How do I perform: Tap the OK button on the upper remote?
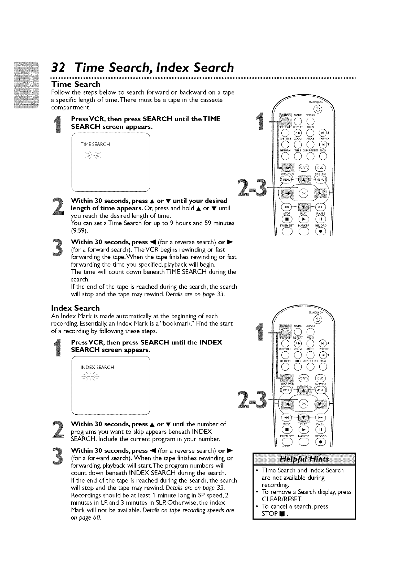click(x=304, y=193)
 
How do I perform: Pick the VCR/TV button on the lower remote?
click(x=304, y=378)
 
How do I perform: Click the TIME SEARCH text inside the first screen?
click(x=95, y=144)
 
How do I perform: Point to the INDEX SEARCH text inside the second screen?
click(x=97, y=367)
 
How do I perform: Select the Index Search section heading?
click(x=75, y=308)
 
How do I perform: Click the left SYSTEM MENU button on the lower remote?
click(x=286, y=391)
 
